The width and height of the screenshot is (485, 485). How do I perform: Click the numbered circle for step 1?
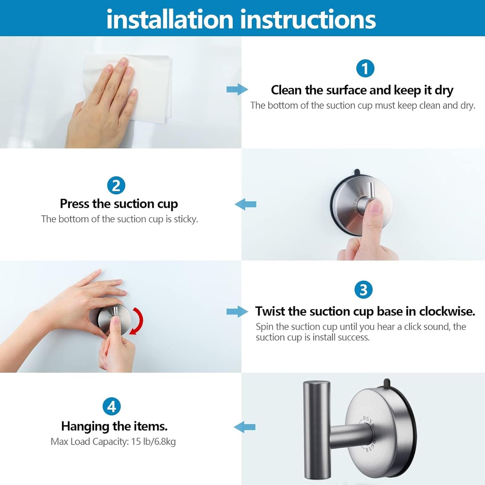pyautogui.click(x=365, y=69)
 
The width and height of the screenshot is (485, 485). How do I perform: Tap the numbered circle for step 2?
pyautogui.click(x=116, y=186)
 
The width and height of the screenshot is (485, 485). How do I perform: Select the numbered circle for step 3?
pyautogui.click(x=363, y=290)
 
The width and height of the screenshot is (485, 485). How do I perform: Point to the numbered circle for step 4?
pyautogui.click(x=112, y=406)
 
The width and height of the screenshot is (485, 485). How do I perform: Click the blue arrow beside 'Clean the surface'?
pyautogui.click(x=237, y=90)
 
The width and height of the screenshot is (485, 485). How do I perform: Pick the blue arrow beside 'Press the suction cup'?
pyautogui.click(x=245, y=204)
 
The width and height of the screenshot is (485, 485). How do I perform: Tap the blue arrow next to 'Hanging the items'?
pyautogui.click(x=245, y=427)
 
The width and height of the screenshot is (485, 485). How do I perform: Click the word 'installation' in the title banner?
pyautogui.click(x=169, y=19)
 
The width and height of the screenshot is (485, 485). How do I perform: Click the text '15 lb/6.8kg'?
pyautogui.click(x=153, y=442)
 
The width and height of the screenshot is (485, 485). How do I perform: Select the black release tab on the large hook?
pyautogui.click(x=387, y=383)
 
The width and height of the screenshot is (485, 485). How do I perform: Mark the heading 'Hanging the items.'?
pyautogui.click(x=114, y=426)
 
